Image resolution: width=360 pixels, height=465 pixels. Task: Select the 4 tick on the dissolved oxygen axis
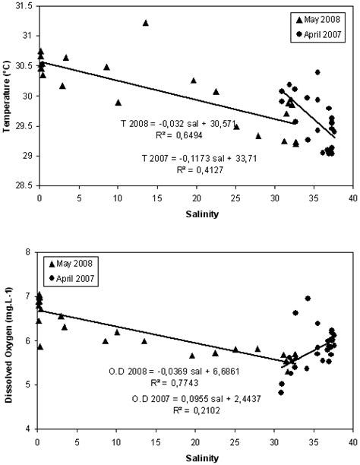click(x=29, y=429)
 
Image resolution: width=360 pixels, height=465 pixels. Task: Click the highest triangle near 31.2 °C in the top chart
click(x=145, y=23)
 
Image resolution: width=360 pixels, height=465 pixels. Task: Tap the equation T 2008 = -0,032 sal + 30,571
click(x=169, y=122)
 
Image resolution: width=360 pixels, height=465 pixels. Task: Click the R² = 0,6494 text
click(x=168, y=134)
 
